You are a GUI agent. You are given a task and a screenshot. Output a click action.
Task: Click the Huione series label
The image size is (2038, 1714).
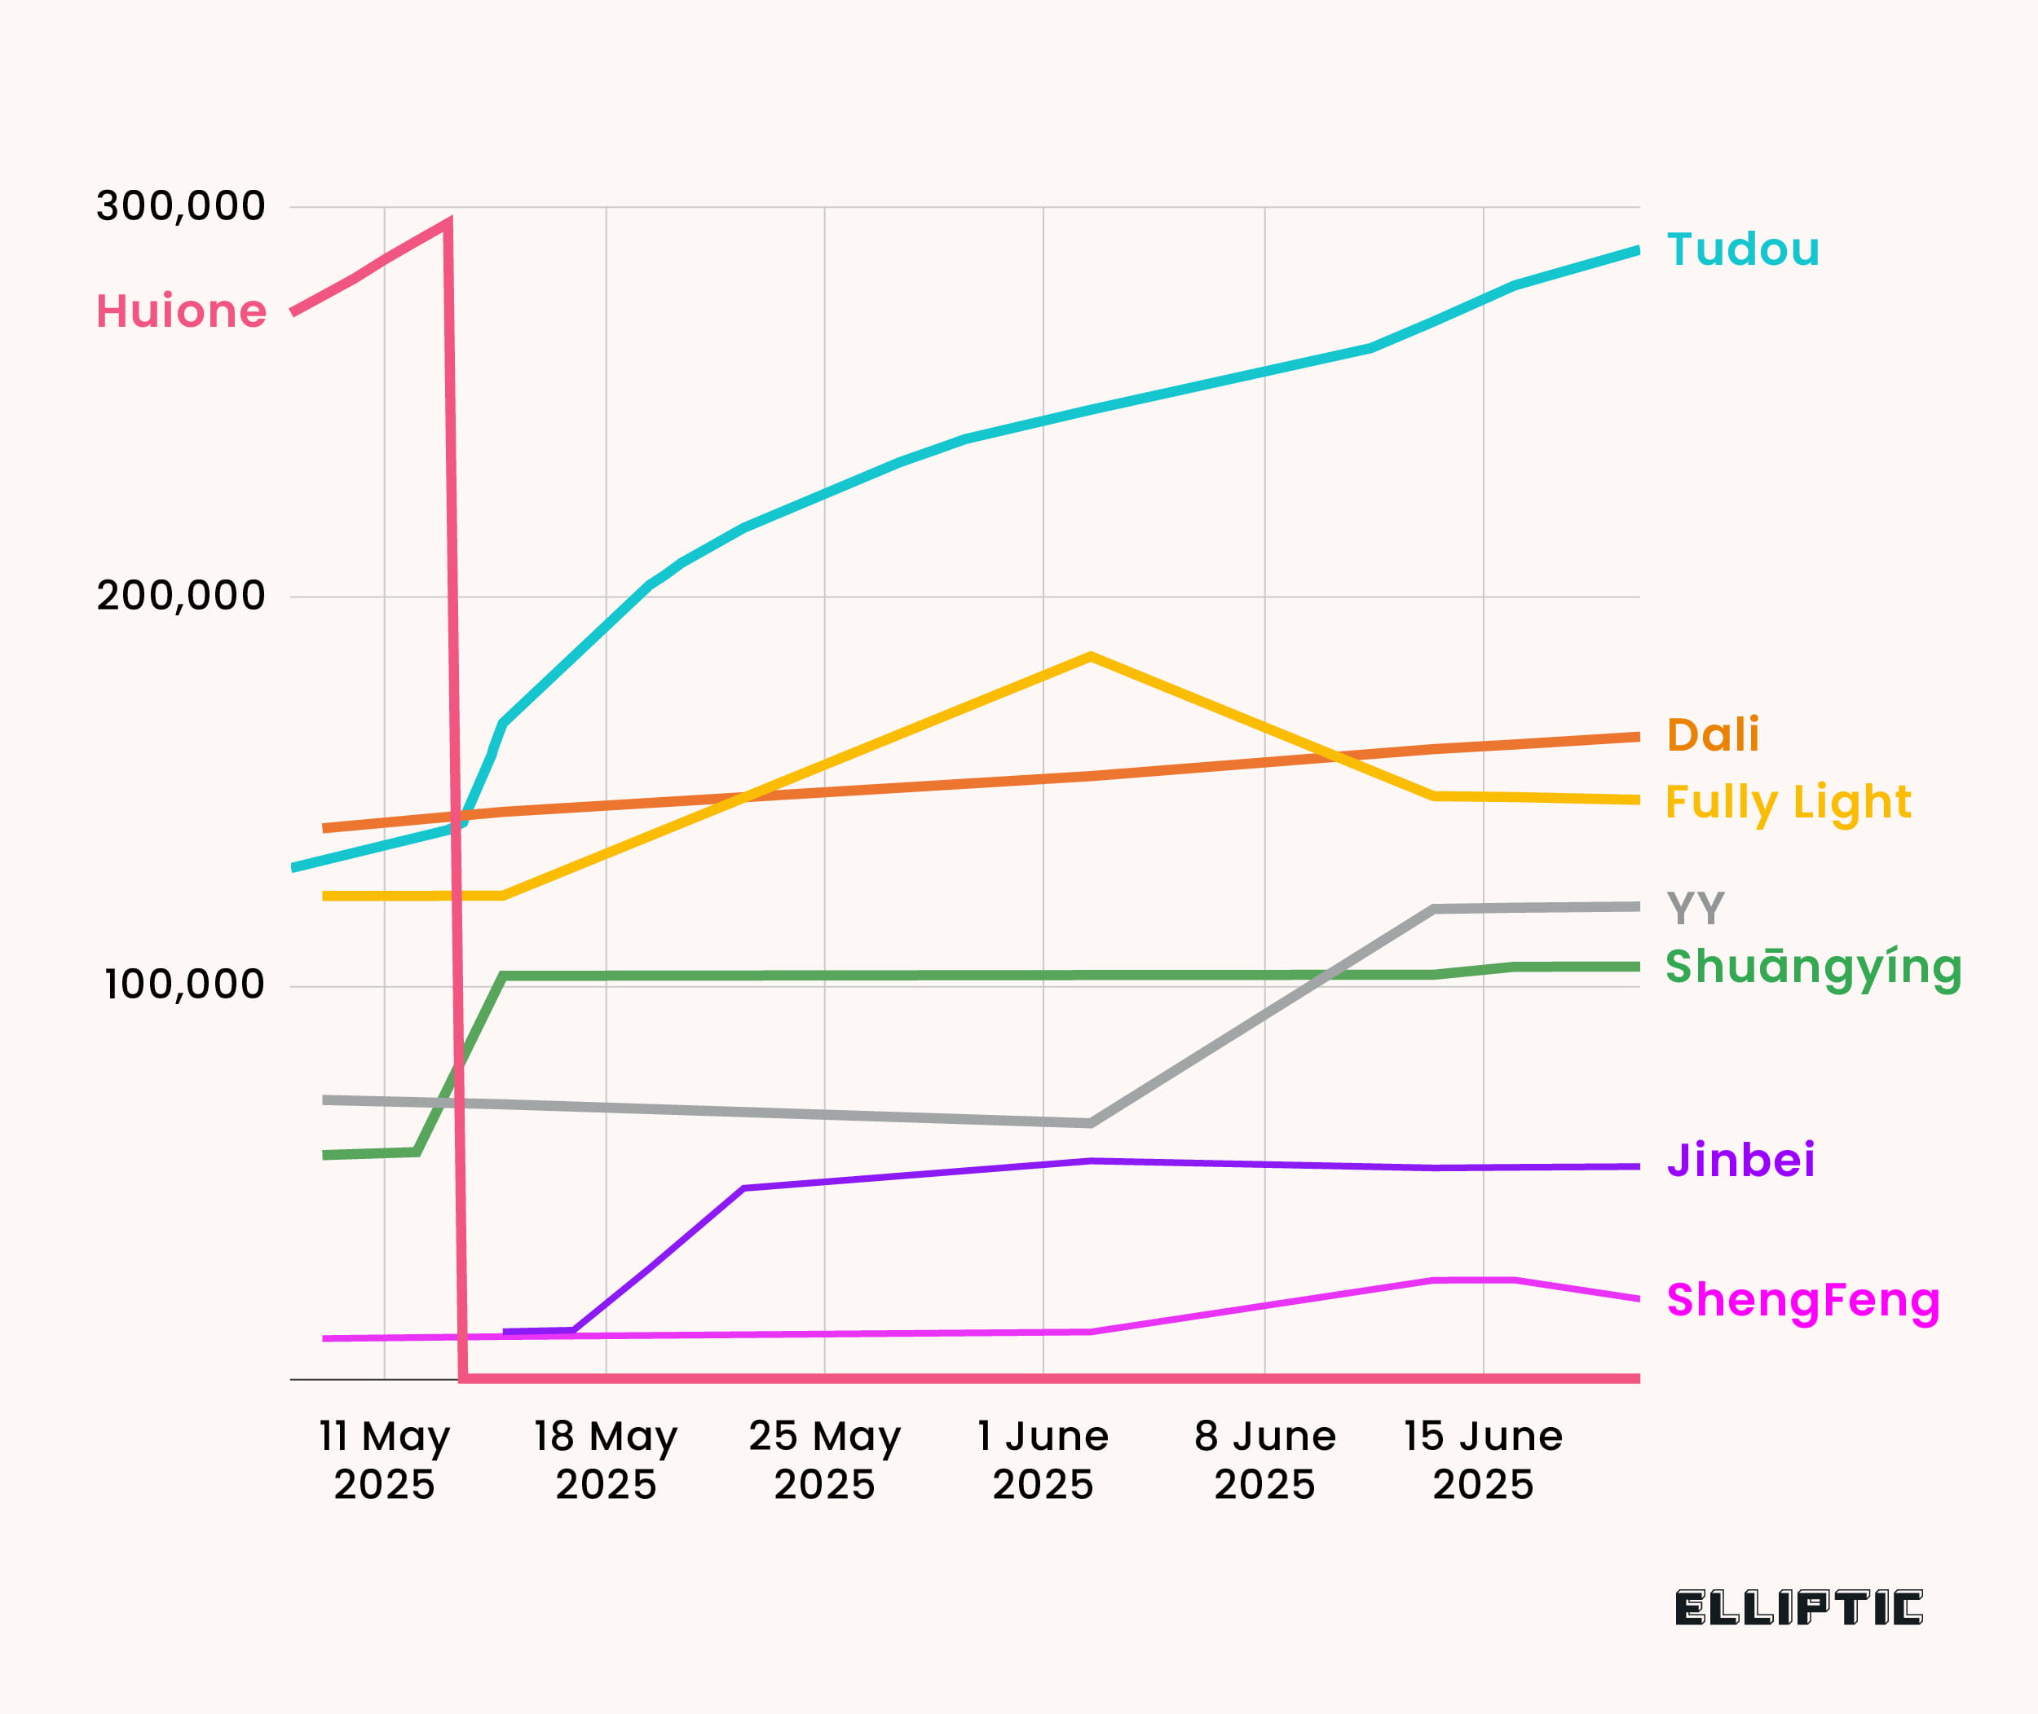182,312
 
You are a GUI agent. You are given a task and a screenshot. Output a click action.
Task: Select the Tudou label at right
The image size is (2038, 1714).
1743,249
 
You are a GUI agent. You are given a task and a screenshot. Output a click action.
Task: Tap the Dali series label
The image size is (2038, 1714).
1713,734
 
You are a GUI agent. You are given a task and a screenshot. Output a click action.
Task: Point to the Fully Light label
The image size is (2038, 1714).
1789,803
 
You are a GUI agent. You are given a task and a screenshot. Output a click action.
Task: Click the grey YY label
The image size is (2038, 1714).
1696,909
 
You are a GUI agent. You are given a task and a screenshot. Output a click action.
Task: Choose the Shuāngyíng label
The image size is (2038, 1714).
1814,967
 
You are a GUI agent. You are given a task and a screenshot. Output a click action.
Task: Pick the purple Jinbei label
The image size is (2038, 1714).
1740,1160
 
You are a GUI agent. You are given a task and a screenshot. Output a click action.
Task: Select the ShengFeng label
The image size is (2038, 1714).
1802,1300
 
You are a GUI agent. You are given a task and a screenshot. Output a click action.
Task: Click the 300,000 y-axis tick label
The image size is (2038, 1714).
181,206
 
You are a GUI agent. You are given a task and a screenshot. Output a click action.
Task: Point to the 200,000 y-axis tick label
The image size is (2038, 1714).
181,596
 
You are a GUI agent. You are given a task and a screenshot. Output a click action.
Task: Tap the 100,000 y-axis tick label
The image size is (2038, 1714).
185,985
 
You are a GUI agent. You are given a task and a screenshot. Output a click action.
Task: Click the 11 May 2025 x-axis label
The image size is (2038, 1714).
385,1460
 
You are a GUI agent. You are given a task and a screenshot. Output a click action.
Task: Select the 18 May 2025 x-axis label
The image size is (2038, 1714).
606,1460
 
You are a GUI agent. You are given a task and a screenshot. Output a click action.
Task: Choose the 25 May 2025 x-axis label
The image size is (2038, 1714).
824,1460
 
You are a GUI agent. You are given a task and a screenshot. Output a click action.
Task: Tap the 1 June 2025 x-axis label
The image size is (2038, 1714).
1043,1460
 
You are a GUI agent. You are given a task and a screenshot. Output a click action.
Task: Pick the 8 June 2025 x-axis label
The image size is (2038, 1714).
1264,1460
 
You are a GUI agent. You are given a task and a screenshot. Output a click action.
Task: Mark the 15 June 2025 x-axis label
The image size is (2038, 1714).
1483,1460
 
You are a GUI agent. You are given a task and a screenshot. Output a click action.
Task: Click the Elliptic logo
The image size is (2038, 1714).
1798,1608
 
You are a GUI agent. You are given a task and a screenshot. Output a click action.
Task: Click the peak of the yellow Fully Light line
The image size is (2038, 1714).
1091,657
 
